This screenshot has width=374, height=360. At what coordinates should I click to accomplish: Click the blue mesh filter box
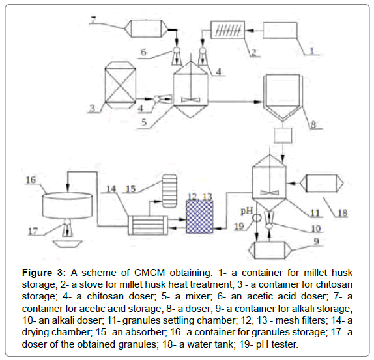[199, 216]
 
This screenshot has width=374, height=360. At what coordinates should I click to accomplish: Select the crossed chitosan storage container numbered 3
[121, 85]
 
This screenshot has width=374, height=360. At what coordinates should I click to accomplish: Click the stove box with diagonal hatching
[228, 30]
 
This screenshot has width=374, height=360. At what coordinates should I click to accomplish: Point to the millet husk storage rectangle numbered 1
[280, 30]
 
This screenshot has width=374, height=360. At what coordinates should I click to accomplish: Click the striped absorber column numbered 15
[169, 191]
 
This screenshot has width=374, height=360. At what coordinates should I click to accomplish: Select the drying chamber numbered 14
[148, 225]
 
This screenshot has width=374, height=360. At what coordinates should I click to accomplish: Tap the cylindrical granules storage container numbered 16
[68, 206]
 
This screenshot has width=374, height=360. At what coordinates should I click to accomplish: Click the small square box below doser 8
[283, 135]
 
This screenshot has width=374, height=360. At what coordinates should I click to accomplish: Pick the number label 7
[93, 20]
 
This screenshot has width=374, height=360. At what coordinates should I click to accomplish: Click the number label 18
[342, 213]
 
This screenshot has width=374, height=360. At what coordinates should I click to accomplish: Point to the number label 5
[144, 122]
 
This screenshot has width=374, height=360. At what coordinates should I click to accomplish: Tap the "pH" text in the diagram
[247, 211]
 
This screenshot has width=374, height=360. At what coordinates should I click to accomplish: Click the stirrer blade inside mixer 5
[190, 100]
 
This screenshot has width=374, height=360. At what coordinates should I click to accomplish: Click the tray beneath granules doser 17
[68, 244]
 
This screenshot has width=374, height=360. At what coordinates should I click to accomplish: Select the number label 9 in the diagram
[316, 241]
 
